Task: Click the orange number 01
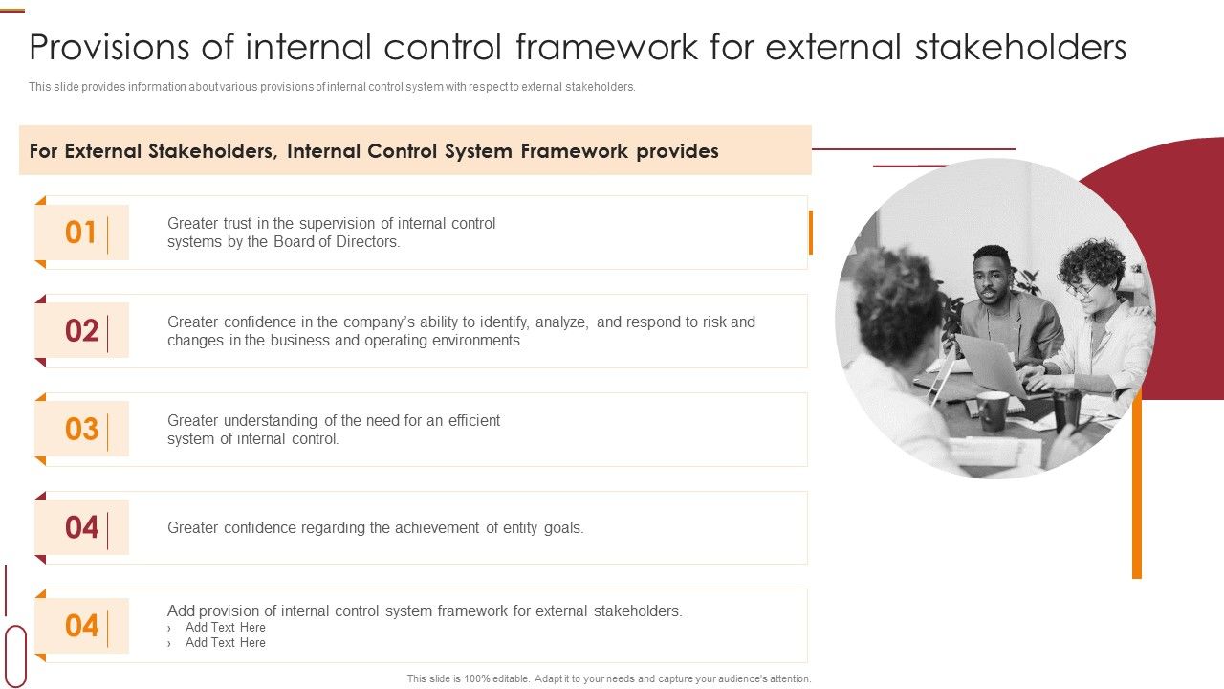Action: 81,233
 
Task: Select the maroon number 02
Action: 82,331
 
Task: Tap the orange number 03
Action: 82,430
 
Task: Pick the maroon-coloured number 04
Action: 82,527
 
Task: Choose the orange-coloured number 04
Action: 82,626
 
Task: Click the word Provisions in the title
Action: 130,47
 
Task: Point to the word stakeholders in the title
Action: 1021,47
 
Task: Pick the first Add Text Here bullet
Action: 225,628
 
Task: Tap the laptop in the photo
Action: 990,364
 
